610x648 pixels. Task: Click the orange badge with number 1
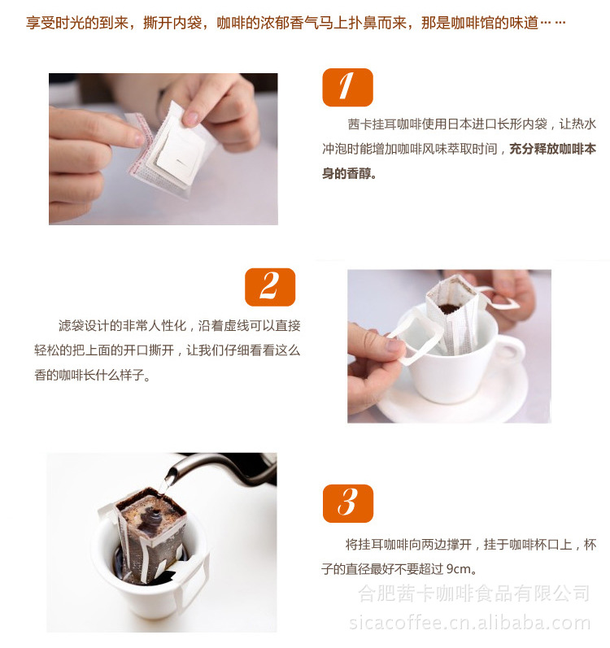point(347,87)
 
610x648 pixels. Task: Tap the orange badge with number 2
point(269,287)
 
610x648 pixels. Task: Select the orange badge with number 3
point(347,503)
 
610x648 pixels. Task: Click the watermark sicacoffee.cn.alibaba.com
point(469,623)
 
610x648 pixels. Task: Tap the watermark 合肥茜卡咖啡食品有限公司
point(474,594)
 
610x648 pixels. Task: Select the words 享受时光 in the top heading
point(49,22)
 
